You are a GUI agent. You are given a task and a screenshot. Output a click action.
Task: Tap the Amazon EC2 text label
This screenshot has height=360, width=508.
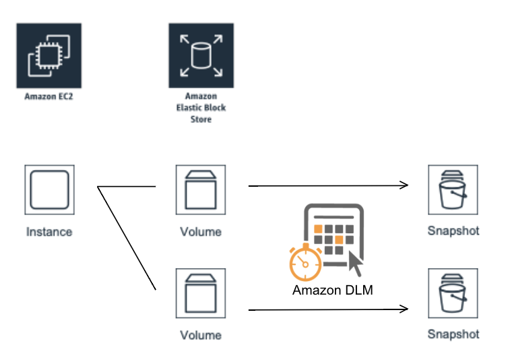click(x=49, y=96)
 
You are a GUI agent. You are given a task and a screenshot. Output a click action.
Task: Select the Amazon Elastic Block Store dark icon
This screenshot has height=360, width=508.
click(x=201, y=55)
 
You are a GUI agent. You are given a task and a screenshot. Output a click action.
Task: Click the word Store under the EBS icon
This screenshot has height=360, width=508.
click(x=200, y=119)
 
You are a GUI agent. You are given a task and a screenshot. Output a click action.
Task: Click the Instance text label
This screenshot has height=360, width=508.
click(x=49, y=232)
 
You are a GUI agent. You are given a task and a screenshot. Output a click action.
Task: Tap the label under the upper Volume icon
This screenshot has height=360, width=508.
click(x=201, y=232)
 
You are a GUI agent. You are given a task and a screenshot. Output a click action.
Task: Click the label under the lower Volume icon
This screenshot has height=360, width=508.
click(x=201, y=335)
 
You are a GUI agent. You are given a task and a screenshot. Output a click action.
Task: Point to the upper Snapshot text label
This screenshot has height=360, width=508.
click(x=453, y=231)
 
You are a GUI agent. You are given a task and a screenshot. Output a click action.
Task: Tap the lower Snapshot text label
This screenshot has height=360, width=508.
click(x=453, y=334)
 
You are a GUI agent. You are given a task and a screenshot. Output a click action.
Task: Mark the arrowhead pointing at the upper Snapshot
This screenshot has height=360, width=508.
click(x=406, y=185)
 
